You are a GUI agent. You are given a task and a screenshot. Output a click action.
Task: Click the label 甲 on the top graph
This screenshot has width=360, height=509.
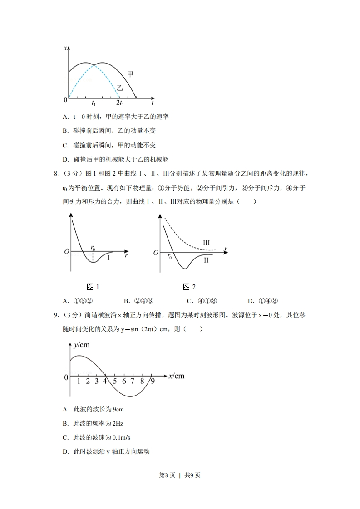(x=130, y=73)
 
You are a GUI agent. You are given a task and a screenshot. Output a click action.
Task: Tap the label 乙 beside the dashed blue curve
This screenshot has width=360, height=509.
(x=120, y=88)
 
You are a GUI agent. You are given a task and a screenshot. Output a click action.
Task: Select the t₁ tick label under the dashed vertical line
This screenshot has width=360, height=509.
(x=94, y=104)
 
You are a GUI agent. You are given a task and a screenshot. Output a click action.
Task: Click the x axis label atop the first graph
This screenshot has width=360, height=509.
(x=66, y=48)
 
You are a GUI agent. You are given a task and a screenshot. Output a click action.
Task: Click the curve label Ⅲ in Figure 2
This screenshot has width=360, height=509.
(x=206, y=243)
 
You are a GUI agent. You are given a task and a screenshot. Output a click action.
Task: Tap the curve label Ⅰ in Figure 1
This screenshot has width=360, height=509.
(x=108, y=258)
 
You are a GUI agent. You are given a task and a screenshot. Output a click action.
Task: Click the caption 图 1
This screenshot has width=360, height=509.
(x=93, y=287)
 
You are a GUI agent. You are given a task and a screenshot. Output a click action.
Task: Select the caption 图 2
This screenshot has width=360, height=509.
(x=189, y=287)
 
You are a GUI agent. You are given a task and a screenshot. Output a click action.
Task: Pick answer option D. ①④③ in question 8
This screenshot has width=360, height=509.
(x=262, y=300)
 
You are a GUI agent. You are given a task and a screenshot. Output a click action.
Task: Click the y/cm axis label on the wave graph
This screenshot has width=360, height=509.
(x=81, y=345)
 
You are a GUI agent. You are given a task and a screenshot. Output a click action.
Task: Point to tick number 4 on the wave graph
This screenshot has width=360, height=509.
(x=105, y=382)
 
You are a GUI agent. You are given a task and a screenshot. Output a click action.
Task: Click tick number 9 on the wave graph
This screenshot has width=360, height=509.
(x=153, y=382)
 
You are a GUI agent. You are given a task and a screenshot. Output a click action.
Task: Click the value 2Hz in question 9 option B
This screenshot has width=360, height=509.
(x=117, y=423)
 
